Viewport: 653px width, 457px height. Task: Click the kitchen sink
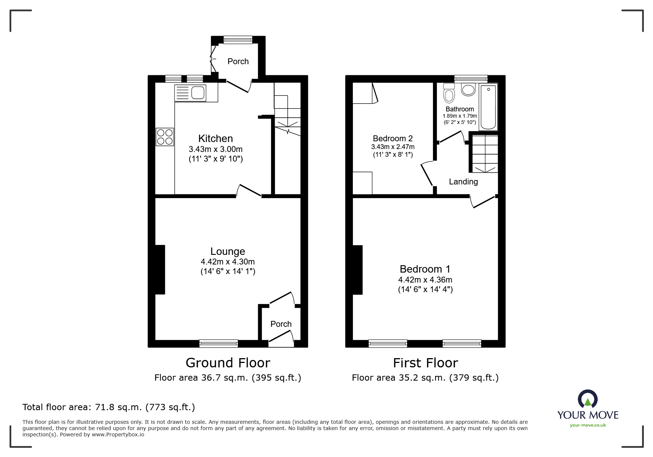click(190, 93)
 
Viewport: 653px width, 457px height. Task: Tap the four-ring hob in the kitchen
click(165, 136)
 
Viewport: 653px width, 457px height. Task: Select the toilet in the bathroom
click(449, 93)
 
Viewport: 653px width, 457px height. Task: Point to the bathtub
click(488, 107)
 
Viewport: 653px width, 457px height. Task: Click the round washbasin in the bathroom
click(468, 90)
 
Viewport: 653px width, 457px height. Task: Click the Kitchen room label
click(216, 139)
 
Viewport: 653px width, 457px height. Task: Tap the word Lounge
click(228, 252)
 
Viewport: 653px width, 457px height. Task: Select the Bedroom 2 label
click(393, 139)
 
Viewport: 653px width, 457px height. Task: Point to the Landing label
click(463, 181)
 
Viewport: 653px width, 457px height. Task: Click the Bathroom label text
click(460, 109)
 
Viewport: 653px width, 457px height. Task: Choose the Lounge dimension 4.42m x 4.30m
click(228, 262)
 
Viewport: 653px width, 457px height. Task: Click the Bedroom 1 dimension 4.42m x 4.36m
click(426, 280)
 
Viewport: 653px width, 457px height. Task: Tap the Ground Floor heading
click(228, 363)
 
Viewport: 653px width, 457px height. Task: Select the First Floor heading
click(426, 363)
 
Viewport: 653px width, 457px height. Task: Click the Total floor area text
click(109, 407)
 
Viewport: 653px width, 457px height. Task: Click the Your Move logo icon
click(588, 399)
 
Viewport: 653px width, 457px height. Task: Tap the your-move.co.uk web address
click(588, 425)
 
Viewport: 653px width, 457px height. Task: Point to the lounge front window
click(219, 343)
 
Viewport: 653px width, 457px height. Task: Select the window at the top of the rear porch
click(238, 40)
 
